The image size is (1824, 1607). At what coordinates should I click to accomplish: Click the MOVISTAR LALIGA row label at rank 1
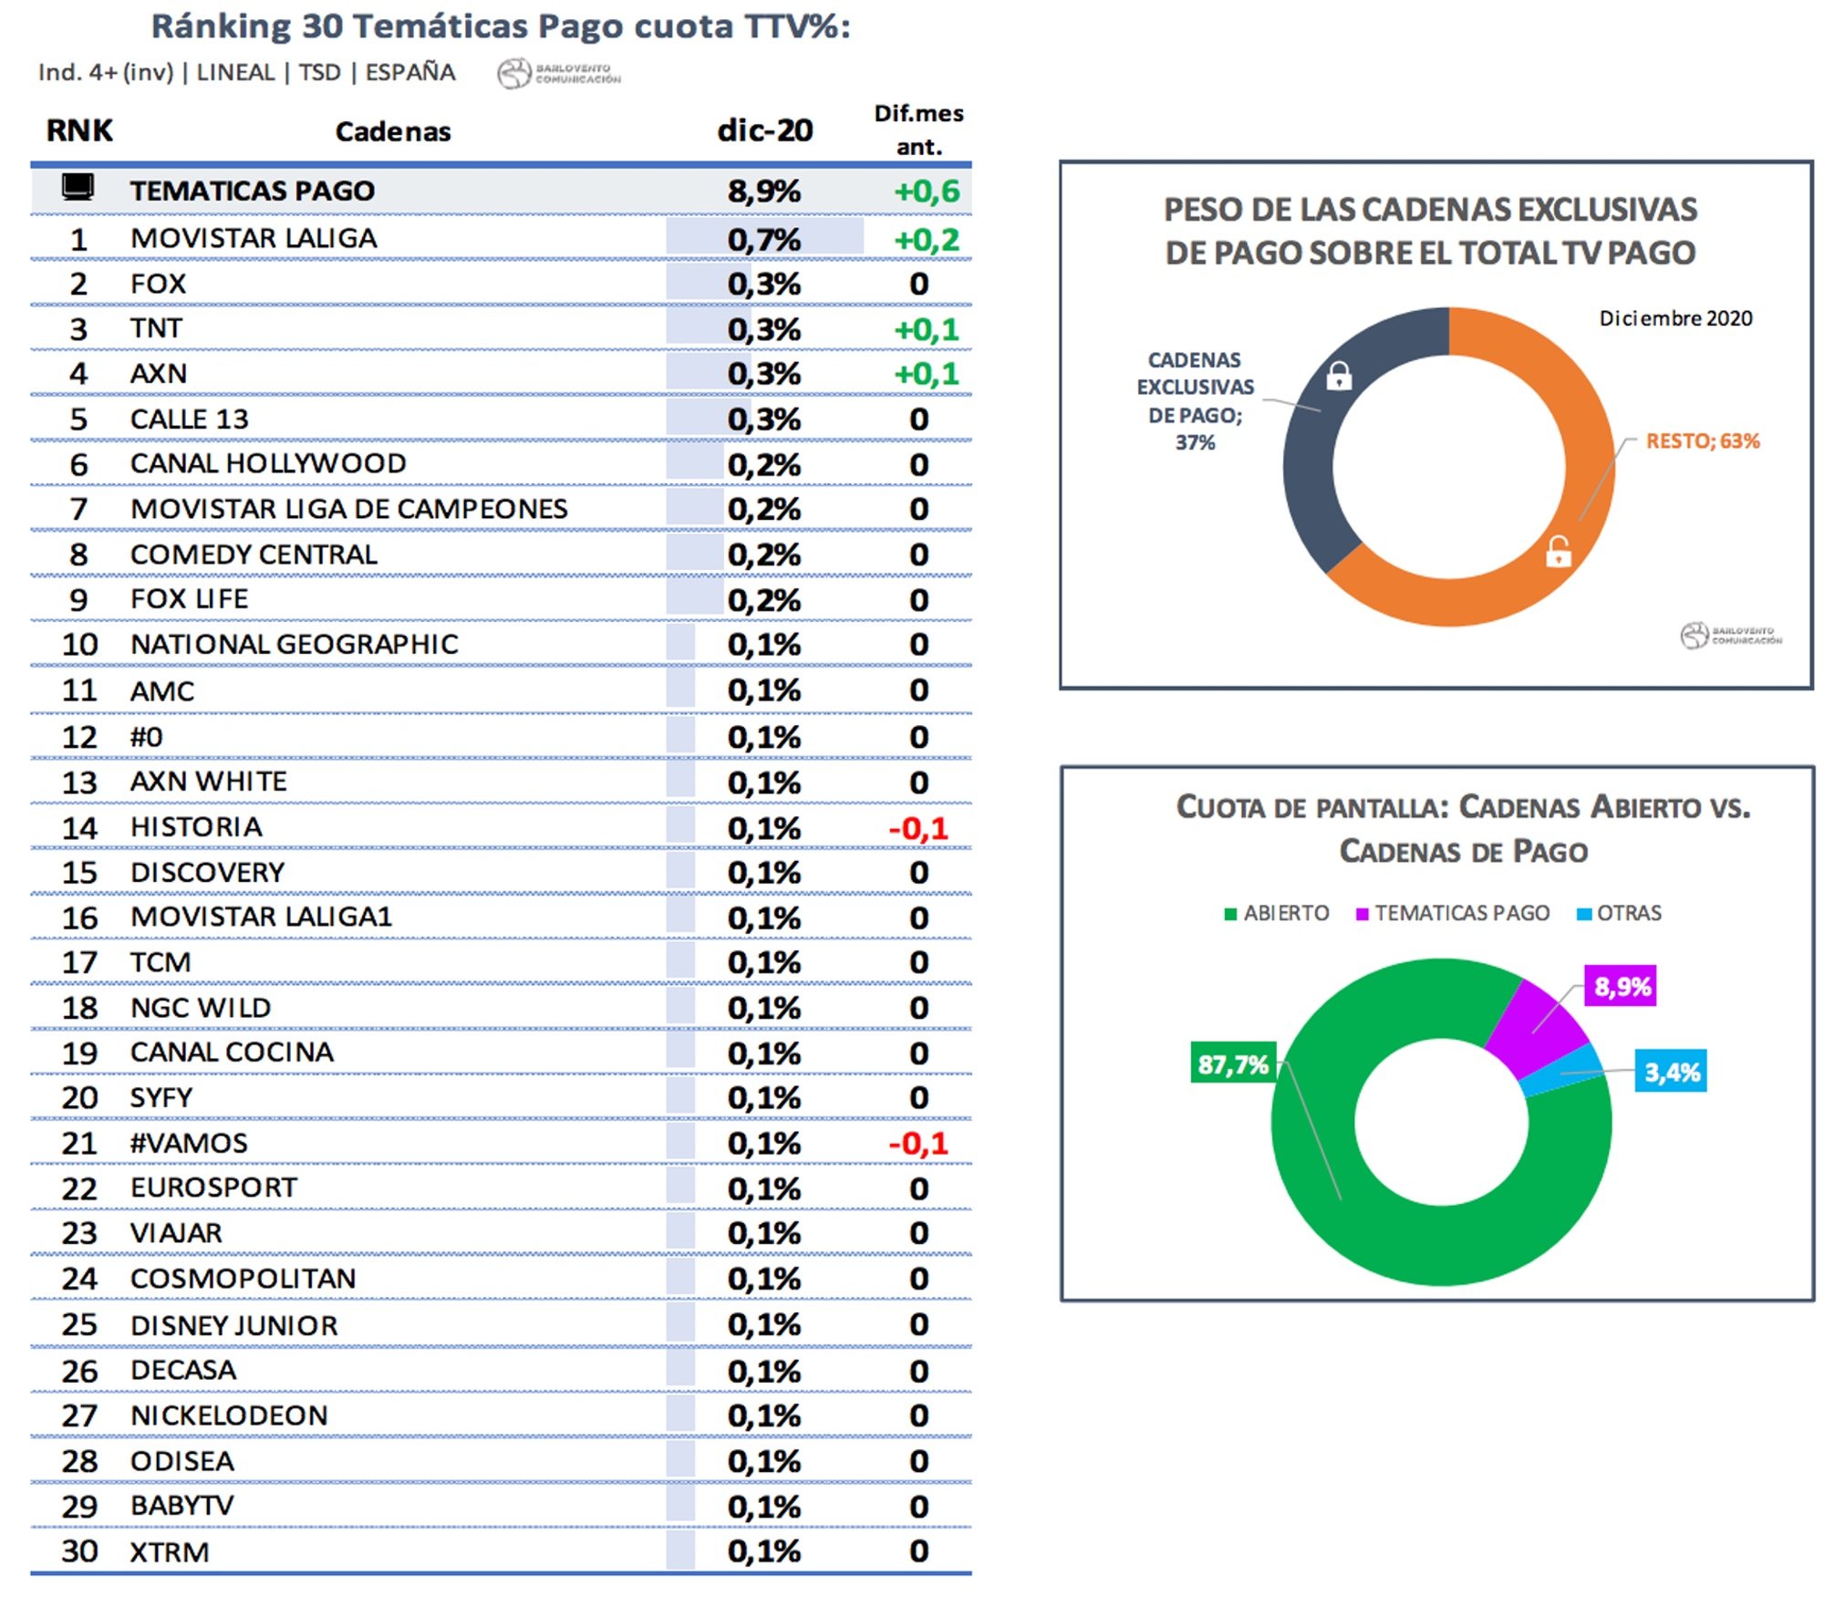pyautogui.click(x=254, y=239)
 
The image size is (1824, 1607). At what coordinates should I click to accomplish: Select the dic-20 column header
pyautogui.click(x=764, y=130)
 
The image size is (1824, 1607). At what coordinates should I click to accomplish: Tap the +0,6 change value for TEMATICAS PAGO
pyautogui.click(x=927, y=192)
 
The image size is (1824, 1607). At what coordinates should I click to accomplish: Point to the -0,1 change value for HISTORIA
pyautogui.click(x=918, y=828)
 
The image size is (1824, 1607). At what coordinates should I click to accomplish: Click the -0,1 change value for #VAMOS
pyautogui.click(x=918, y=1143)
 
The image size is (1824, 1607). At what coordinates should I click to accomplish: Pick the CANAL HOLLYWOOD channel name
pyautogui.click(x=268, y=463)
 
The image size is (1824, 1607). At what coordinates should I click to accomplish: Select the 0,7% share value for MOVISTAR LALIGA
pyautogui.click(x=763, y=240)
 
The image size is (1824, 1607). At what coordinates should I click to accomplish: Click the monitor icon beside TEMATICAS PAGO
pyautogui.click(x=78, y=188)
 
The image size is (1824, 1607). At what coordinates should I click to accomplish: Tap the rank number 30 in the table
pyautogui.click(x=79, y=1551)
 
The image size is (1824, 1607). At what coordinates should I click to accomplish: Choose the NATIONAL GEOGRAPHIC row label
pyautogui.click(x=294, y=645)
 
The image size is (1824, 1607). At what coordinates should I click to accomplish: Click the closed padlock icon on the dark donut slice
pyautogui.click(x=1339, y=376)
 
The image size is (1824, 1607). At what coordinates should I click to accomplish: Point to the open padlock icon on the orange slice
pyautogui.click(x=1559, y=551)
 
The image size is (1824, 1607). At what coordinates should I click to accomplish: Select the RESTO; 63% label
pyautogui.click(x=1702, y=441)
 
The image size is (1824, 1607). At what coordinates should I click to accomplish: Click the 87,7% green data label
pyautogui.click(x=1233, y=1063)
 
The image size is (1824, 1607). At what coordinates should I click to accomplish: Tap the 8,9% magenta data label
pyautogui.click(x=1621, y=986)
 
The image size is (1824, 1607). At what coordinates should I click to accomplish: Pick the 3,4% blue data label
pyautogui.click(x=1671, y=1072)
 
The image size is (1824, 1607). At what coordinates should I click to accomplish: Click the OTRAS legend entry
pyautogui.click(x=1620, y=913)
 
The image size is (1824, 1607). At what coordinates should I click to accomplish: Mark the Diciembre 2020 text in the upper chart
pyautogui.click(x=1675, y=318)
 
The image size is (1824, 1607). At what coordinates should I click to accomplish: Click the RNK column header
pyautogui.click(x=79, y=130)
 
